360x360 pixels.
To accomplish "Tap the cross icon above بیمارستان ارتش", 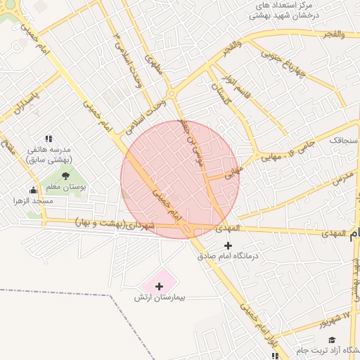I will click(159, 286).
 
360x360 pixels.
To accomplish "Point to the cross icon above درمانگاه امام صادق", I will click(227, 245).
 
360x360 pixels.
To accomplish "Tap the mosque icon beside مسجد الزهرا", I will click(33, 190).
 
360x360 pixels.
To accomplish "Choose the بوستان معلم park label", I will click(65, 187).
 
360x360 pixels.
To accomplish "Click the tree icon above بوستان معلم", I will click(65, 176).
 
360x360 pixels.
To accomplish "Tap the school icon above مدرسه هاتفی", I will click(49, 139).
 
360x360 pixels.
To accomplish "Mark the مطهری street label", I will click(152, 68).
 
